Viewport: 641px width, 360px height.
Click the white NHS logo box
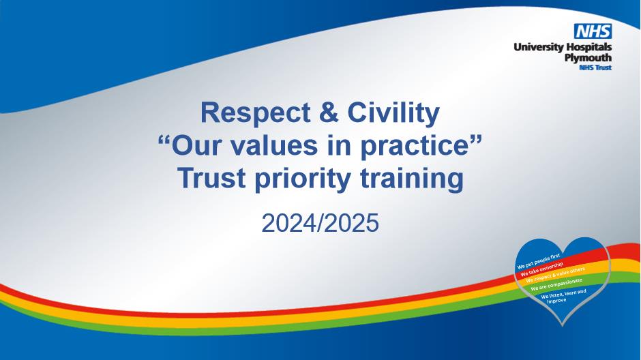click(x=593, y=31)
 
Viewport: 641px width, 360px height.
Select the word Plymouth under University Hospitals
click(x=588, y=59)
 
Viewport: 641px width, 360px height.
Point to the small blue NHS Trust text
click(x=595, y=67)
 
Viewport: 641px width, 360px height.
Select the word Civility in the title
click(x=393, y=113)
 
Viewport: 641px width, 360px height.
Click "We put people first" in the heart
click(x=539, y=261)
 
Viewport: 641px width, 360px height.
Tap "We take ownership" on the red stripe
click(x=541, y=269)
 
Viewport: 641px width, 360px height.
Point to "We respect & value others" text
click(x=555, y=275)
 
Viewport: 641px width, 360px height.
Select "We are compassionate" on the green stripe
click(x=556, y=284)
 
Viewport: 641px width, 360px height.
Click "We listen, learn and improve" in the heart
click(x=564, y=296)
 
